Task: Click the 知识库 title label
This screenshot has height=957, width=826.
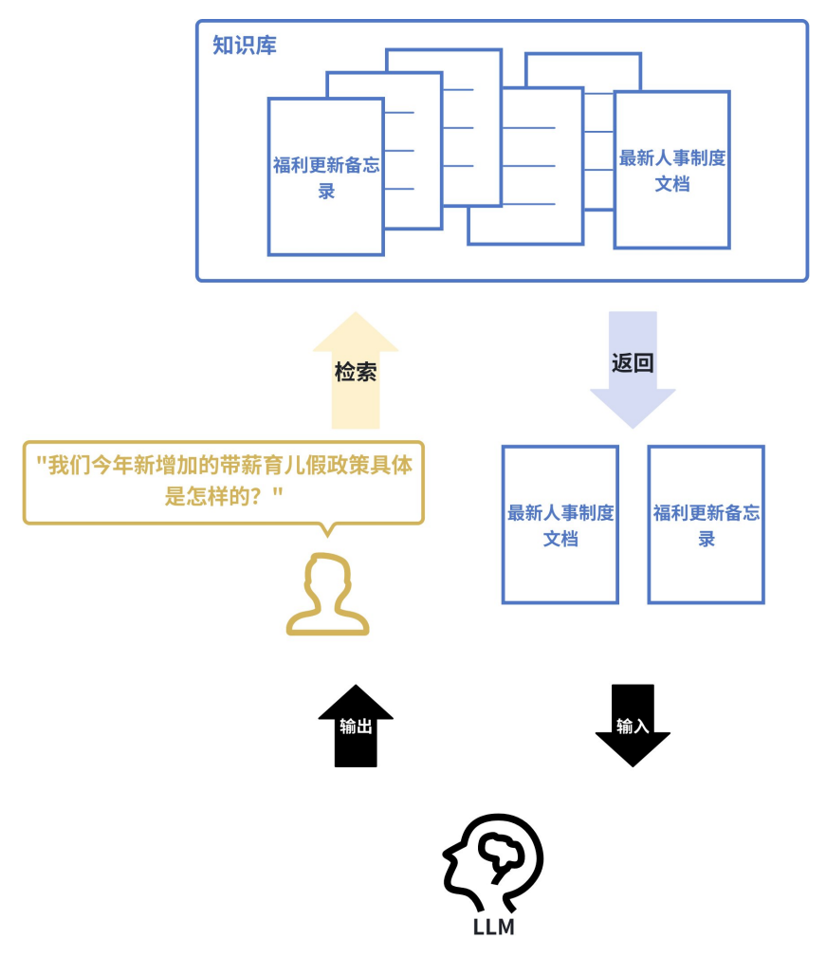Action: tap(245, 46)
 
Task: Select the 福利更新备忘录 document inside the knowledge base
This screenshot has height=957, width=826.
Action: tap(326, 176)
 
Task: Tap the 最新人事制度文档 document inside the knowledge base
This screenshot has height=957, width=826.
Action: tap(671, 170)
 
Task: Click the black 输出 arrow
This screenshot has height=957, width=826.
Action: tap(356, 726)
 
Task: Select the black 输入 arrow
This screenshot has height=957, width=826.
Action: tap(633, 726)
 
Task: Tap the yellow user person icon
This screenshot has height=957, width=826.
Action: tap(327, 595)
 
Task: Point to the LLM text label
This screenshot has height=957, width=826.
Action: tap(493, 928)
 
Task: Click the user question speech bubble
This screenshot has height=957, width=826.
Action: tap(224, 481)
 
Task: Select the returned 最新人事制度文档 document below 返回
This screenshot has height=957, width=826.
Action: tap(560, 525)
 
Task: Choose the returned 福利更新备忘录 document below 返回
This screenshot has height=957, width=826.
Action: tap(707, 525)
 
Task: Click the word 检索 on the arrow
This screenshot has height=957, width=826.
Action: tap(356, 372)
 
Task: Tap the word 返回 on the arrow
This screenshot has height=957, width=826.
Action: tap(633, 363)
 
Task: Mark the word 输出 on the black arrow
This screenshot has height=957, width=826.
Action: tap(356, 727)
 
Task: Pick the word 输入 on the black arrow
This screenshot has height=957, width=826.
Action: tap(633, 727)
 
